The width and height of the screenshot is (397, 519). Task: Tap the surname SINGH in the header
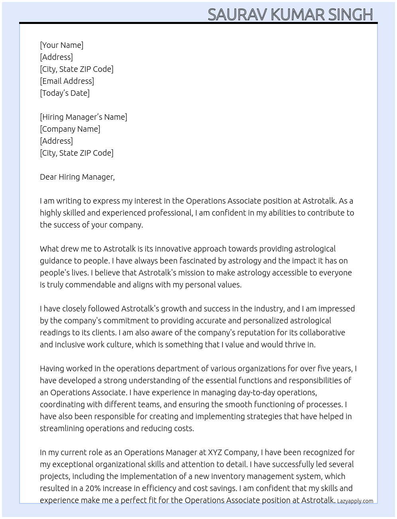click(350, 15)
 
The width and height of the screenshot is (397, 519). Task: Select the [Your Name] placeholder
click(61, 45)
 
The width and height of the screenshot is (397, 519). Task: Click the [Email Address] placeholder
click(67, 81)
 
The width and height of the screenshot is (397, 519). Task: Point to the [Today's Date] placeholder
click(65, 93)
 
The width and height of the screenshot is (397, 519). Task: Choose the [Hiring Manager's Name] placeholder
click(83, 117)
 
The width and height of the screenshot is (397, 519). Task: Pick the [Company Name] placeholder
click(70, 129)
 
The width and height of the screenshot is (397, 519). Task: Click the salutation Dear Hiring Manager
click(77, 177)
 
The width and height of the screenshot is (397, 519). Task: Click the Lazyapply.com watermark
click(355, 501)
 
